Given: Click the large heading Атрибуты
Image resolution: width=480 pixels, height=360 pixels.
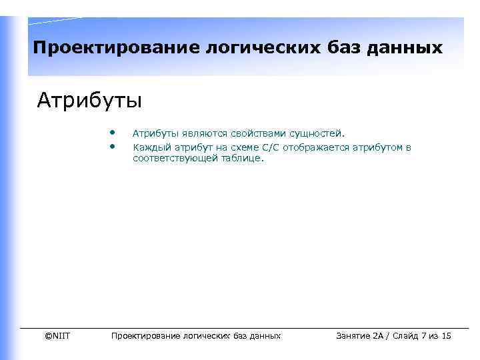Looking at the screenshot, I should [89, 101].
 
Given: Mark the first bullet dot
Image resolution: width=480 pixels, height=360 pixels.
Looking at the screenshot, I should [115, 132].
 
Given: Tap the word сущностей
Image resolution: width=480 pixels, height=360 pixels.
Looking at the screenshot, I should [317, 134].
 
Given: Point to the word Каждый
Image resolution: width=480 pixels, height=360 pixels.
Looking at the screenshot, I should [149, 147].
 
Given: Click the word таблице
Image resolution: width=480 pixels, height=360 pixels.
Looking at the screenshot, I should [242, 159].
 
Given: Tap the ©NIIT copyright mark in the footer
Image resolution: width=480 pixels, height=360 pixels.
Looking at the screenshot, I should [57, 335].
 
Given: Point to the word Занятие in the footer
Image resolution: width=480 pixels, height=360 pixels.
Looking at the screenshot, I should [355, 335].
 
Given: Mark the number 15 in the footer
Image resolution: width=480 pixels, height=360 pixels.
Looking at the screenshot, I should [447, 335].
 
